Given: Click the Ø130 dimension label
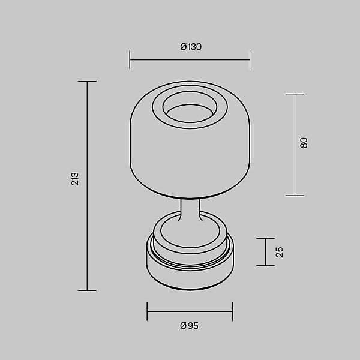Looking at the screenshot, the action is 191,47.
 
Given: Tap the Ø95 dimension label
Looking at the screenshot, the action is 189,326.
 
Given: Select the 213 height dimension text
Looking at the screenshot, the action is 75,179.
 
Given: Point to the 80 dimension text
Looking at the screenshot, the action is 304,143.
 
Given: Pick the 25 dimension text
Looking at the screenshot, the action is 279,252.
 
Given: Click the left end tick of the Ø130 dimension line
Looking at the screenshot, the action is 130,59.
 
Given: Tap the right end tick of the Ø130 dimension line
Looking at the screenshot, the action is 250,59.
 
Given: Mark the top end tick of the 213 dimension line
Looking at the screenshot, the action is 87,81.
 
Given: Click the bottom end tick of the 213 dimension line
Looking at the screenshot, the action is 87,290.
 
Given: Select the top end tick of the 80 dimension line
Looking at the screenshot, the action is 295,94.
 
